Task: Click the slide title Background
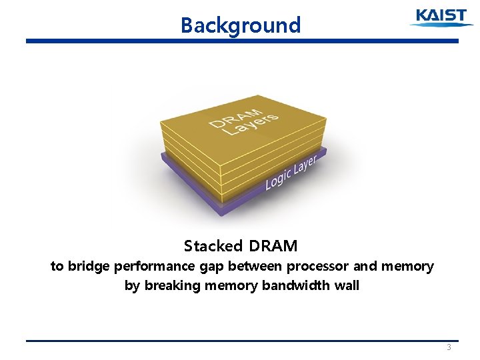click(241, 25)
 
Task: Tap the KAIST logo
click(441, 17)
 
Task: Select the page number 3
click(449, 347)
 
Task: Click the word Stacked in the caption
click(209, 246)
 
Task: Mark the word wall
click(347, 285)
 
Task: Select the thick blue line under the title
click(242, 41)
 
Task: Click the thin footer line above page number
click(242, 341)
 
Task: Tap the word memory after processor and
click(407, 267)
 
